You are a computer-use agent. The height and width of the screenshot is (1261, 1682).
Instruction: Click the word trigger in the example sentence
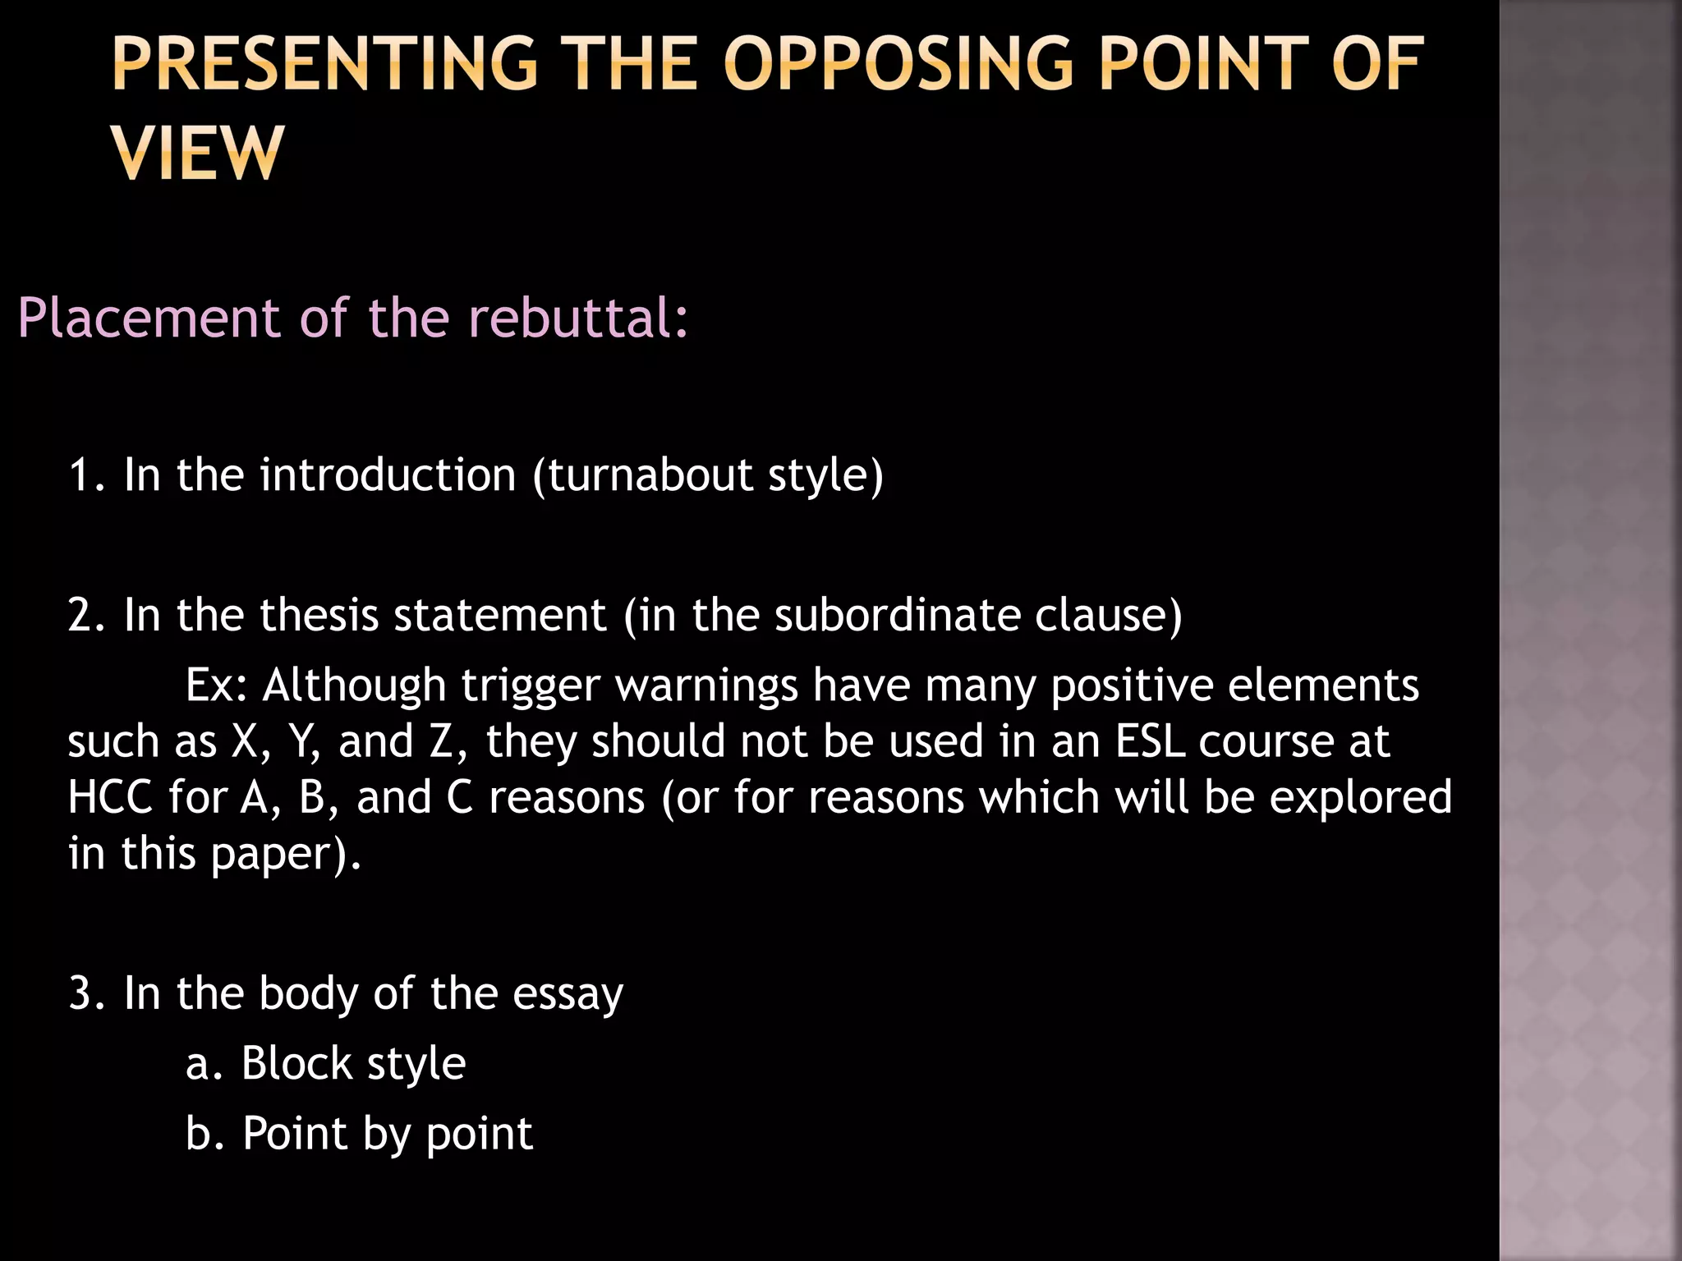531,686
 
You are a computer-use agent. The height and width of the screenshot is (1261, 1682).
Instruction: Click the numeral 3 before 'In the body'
80,993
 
